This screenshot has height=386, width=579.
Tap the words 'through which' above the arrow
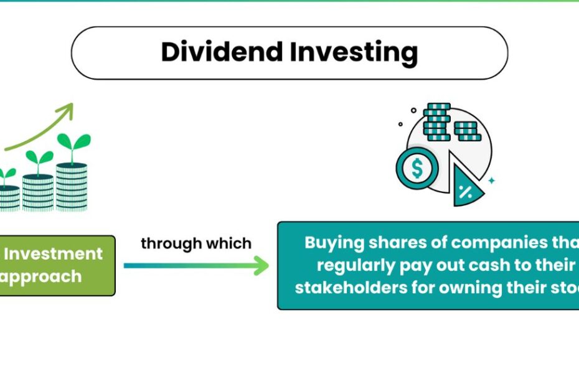pos(196,243)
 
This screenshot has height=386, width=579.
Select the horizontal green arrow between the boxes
pos(196,266)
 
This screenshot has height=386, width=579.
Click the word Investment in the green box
pos(54,254)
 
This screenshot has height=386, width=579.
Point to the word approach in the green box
pos(41,276)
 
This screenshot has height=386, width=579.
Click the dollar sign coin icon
pos(417,168)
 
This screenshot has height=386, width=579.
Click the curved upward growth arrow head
pos(66,111)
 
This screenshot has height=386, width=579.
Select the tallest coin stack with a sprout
pos(72,185)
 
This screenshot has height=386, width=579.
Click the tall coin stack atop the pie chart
pos(436,122)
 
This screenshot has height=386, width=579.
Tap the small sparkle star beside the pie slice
pos(491,181)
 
